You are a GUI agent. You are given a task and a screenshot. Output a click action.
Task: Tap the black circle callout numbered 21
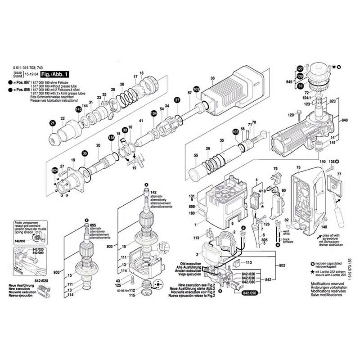[53, 123]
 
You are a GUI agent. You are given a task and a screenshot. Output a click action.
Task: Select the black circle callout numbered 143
[79, 109]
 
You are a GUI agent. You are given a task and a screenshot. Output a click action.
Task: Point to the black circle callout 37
[177, 99]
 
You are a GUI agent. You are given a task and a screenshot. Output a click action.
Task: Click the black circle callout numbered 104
[154, 114]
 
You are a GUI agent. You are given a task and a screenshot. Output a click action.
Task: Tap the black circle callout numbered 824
[55, 171]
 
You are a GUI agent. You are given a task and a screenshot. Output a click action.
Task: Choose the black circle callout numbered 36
[84, 153]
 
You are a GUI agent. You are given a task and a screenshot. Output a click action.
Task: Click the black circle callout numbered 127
[299, 68]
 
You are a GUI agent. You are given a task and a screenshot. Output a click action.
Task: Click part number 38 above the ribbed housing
[212, 78]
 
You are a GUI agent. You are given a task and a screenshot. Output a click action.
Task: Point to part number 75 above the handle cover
[298, 167]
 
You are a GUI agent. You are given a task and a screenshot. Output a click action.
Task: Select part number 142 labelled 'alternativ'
[153, 192]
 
